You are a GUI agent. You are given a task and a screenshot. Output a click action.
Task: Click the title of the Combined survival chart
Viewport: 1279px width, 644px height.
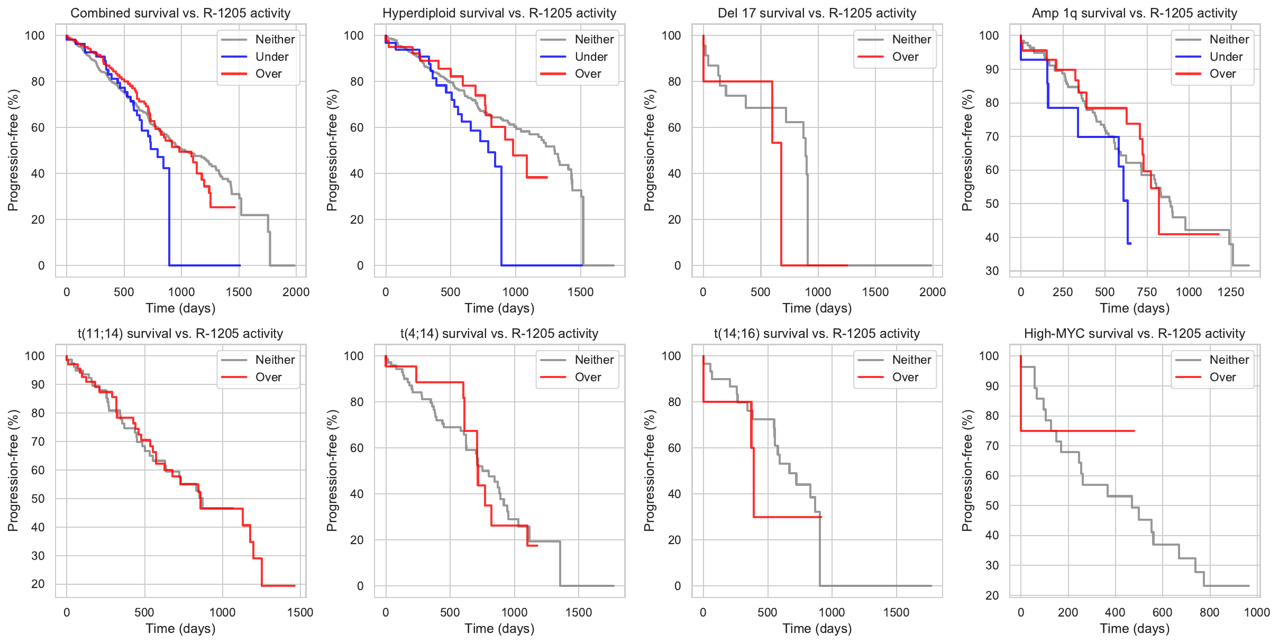coord(180,13)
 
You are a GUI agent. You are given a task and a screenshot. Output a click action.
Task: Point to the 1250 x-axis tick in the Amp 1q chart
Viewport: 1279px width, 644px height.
coord(1231,292)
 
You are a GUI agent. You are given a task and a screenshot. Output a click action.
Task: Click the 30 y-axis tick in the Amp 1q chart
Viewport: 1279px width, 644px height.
coord(992,271)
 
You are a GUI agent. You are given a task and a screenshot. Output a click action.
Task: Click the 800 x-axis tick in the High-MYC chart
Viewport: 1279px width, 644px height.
coord(1210,612)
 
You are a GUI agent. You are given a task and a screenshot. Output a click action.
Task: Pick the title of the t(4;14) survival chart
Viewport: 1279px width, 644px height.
coord(499,334)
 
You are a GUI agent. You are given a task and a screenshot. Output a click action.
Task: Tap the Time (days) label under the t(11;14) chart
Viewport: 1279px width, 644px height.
coord(180,628)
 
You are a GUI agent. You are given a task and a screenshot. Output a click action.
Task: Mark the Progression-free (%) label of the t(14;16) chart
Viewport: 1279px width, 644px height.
coord(649,471)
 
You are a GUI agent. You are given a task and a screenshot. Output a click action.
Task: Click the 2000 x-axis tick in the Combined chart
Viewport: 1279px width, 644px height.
coord(296,292)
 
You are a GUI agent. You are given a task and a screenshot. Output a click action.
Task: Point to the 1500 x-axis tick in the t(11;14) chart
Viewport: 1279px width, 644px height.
coord(300,612)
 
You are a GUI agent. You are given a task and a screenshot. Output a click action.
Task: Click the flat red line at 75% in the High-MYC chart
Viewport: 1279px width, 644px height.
coord(1079,431)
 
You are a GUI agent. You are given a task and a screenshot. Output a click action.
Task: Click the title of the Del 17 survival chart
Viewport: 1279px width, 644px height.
coord(817,13)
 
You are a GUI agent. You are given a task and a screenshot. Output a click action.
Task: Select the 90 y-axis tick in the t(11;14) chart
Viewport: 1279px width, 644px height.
coord(38,385)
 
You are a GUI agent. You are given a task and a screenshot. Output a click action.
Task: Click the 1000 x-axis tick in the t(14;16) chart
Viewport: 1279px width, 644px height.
coord(832,612)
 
